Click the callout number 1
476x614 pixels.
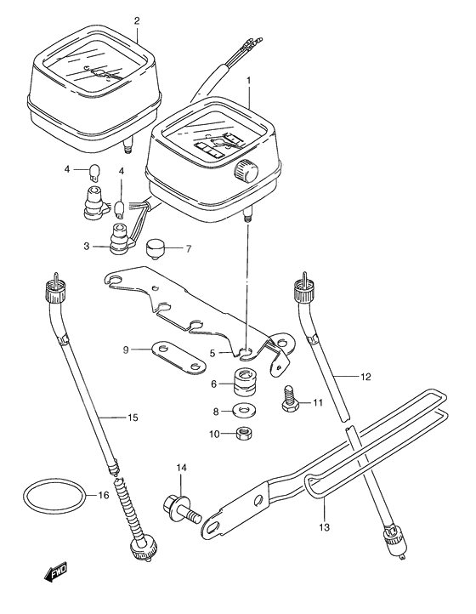(x=248, y=80)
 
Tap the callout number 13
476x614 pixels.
(x=323, y=526)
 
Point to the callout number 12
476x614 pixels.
(x=365, y=375)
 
